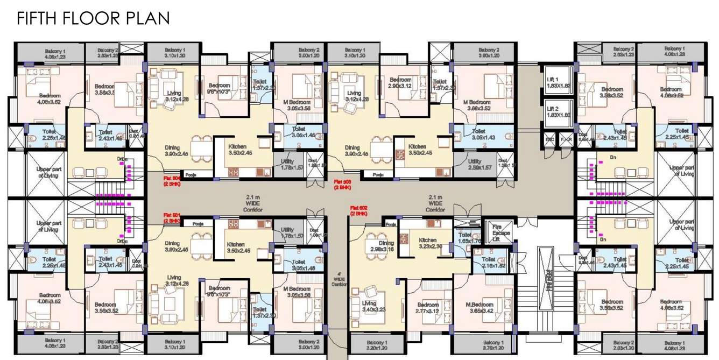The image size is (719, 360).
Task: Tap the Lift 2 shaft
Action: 556,111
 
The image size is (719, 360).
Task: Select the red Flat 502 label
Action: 358,210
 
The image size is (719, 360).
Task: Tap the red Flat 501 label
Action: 173,218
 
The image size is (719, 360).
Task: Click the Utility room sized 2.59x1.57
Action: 474,165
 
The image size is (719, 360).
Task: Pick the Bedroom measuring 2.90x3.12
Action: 400,83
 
